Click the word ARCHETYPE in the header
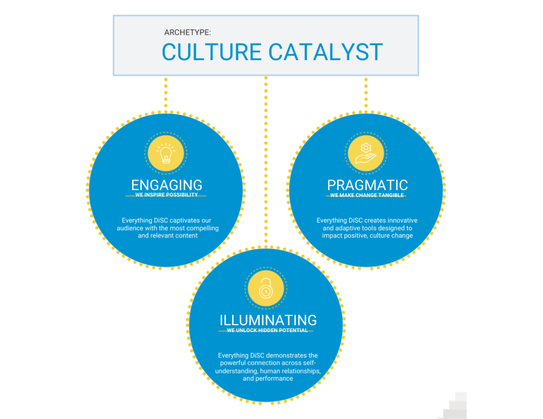pyautogui.click(x=187, y=33)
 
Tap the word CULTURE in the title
pyautogui.click(x=211, y=52)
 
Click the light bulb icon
pyautogui.click(x=166, y=153)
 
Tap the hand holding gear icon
pyautogui.click(x=366, y=153)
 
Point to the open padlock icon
pyautogui.click(x=266, y=288)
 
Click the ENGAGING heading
pyautogui.click(x=167, y=185)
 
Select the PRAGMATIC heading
pyautogui.click(x=367, y=185)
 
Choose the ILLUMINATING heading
pyautogui.click(x=268, y=320)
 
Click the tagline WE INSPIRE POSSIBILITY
pyautogui.click(x=167, y=195)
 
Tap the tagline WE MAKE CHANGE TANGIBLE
pyautogui.click(x=367, y=195)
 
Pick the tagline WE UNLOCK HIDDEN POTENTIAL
pyautogui.click(x=267, y=330)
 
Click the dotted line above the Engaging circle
pyautogui.click(x=166, y=94)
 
